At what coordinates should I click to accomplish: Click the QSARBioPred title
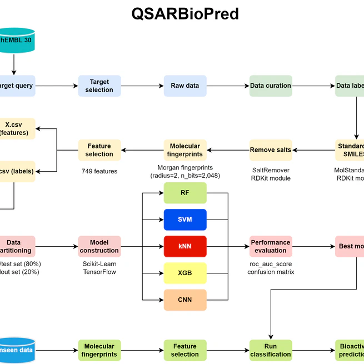(185, 14)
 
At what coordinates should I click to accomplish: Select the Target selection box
(99, 86)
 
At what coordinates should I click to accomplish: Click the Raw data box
(185, 86)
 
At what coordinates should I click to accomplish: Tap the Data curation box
(271, 86)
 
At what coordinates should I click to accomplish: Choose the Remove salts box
(271, 149)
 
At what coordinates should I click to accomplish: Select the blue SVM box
(185, 220)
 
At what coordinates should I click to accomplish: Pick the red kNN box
(185, 246)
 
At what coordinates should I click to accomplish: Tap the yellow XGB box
(185, 273)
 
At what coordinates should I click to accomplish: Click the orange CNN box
(185, 300)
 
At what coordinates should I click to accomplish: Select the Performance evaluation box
(271, 246)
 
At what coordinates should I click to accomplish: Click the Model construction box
(99, 246)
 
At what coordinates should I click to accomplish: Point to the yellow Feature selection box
(99, 149)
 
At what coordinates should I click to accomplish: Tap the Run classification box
(271, 350)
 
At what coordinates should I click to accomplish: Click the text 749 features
(99, 171)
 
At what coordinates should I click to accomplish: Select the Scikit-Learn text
(99, 264)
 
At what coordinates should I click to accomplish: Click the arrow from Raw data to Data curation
(228, 86)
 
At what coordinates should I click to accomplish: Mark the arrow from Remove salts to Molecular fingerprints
(228, 150)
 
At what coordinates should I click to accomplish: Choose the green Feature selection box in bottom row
(185, 350)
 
